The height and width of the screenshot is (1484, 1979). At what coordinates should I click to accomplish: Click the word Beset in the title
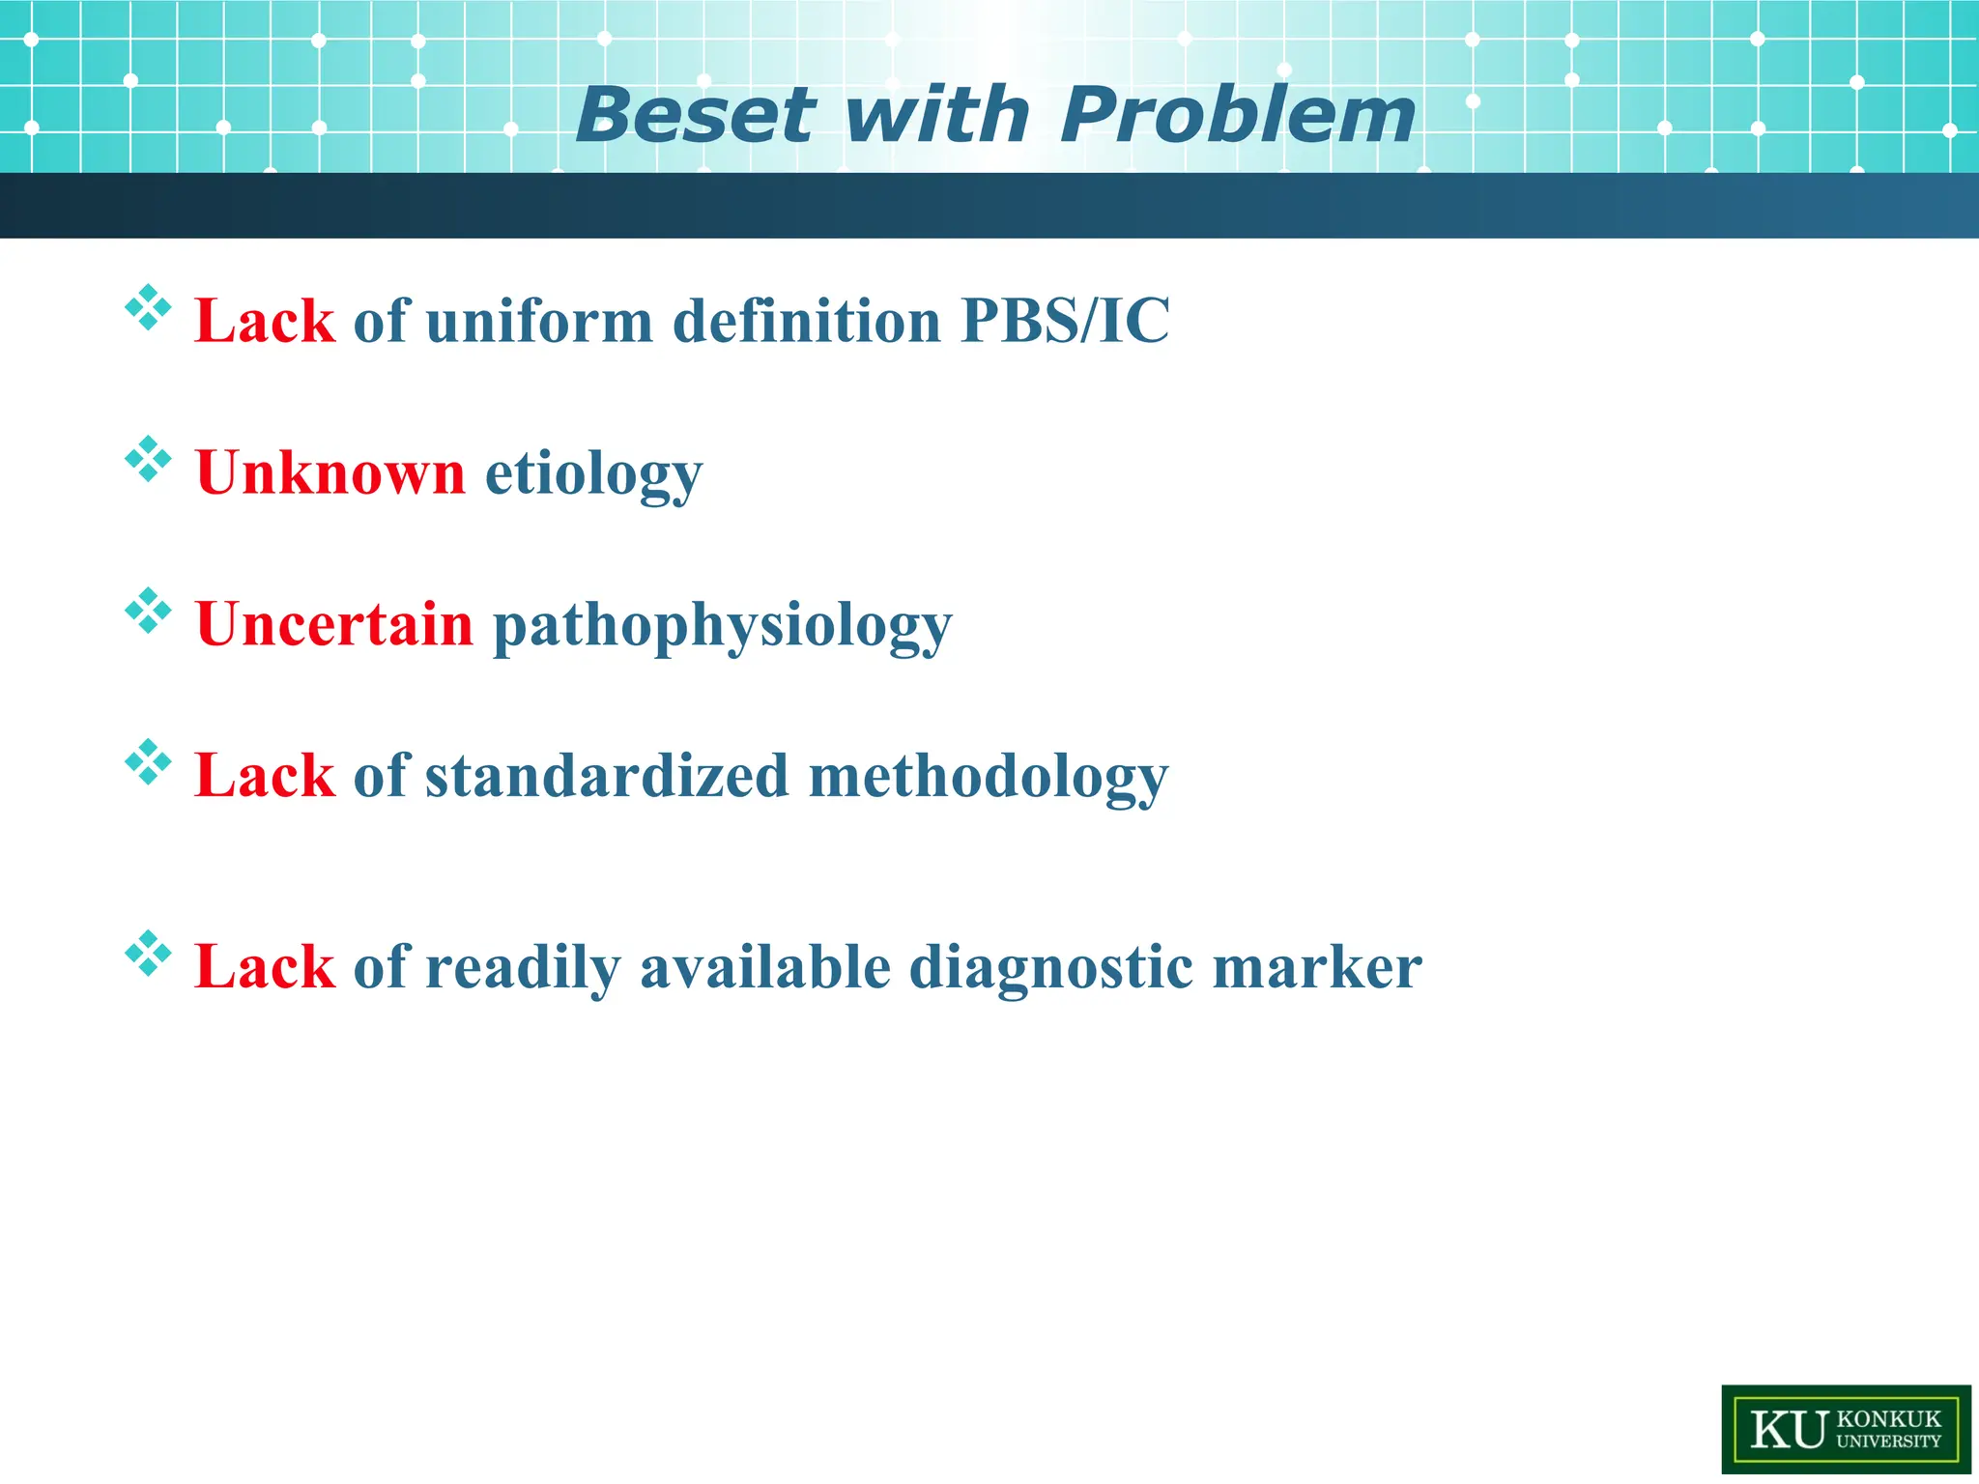coord(695,115)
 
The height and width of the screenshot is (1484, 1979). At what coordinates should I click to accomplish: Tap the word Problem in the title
coord(1238,115)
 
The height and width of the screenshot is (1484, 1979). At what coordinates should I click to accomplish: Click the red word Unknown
coord(330,472)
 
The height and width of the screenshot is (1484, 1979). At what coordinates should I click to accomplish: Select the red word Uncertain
coord(334,624)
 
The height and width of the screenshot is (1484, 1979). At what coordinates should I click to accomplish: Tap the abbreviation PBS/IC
coord(1065,321)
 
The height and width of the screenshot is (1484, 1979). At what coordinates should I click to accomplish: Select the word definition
coord(806,321)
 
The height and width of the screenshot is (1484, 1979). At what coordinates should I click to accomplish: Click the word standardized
coord(607,776)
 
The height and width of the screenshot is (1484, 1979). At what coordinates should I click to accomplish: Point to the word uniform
coord(539,321)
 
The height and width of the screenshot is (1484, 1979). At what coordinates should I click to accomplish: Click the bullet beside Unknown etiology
coord(148,459)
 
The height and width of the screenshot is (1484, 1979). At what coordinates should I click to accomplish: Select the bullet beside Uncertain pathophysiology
coord(148,611)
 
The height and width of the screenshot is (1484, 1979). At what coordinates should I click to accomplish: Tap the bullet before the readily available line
coord(148,954)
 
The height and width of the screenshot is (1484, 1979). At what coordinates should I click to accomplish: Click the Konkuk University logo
coord(1846,1429)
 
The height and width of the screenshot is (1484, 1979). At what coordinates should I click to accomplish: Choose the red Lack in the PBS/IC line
coord(265,321)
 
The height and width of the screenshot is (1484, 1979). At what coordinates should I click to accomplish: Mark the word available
coord(764,967)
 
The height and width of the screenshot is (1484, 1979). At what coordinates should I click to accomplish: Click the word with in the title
coord(935,115)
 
